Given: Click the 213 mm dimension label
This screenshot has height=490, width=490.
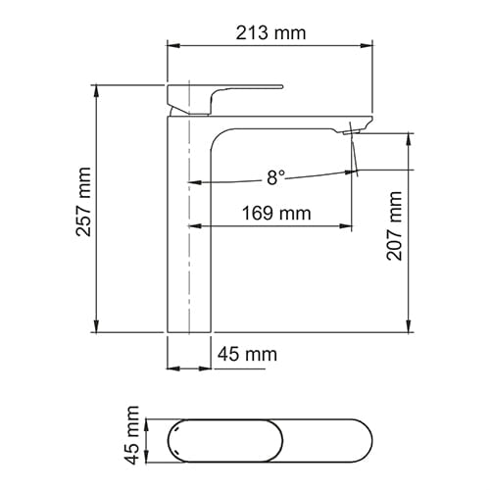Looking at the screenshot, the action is [x=270, y=33].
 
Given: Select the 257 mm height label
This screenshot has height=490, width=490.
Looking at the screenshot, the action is [x=83, y=202].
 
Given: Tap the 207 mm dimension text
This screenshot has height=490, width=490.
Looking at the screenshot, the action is [x=394, y=225].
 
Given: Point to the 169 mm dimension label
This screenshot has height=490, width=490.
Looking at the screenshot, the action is [x=276, y=213].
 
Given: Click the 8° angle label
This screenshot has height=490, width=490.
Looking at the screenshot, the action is [x=276, y=177].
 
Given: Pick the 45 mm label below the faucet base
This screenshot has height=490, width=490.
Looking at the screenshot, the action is [x=248, y=354].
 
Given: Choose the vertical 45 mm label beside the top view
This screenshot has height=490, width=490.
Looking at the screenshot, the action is [x=132, y=435].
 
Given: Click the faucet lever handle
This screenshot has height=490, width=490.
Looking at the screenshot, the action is [x=224, y=100].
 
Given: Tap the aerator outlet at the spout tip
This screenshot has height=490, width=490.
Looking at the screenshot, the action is [x=351, y=131].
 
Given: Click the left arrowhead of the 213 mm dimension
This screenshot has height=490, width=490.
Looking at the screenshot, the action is [x=173, y=45].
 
